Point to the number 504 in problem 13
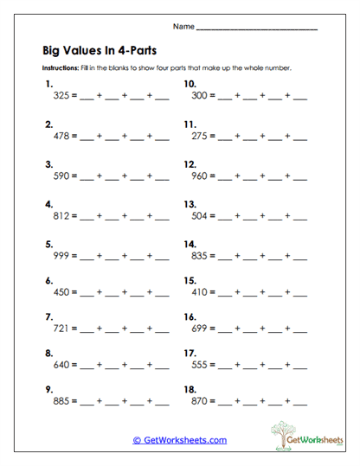tap(200, 216)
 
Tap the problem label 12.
tap(190, 164)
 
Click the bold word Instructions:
tap(61, 68)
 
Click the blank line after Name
tap(256, 29)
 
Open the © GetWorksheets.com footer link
tap(179, 440)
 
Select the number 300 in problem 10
tap(200, 98)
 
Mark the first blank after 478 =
tap(86, 139)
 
